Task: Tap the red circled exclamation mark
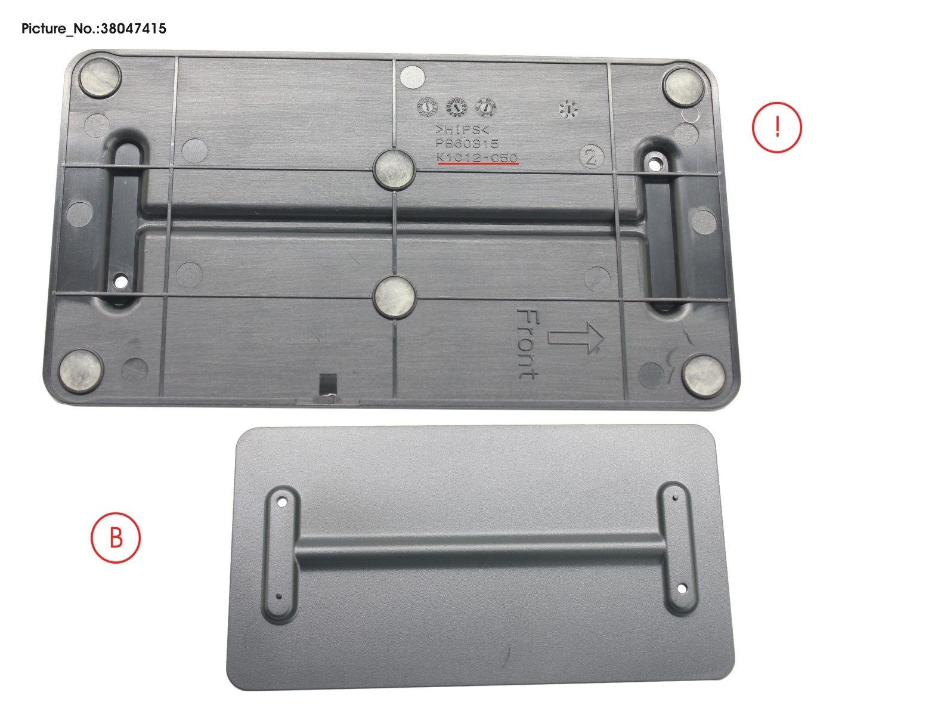[x=776, y=127]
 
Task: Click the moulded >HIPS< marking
[x=462, y=130]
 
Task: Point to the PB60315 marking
[x=467, y=144]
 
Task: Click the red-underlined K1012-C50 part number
[x=477, y=157]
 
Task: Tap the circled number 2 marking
[x=591, y=157]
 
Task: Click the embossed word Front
[x=528, y=344]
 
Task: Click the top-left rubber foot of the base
[x=100, y=77]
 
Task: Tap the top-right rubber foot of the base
[x=683, y=86]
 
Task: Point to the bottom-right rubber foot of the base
[x=702, y=375]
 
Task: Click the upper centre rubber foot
[x=394, y=168]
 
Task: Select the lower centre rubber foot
[x=394, y=295]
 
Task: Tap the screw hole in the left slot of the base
[x=121, y=279]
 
